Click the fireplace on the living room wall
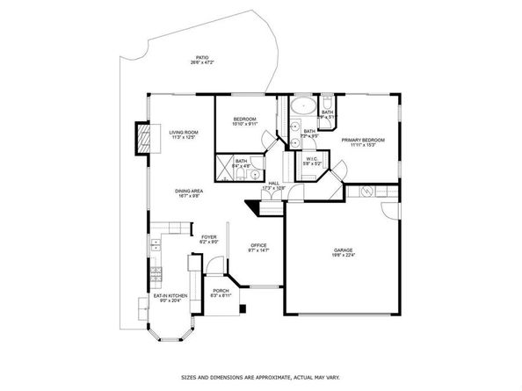coord(141,137)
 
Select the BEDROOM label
coord(244,119)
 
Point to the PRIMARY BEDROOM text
coord(359,140)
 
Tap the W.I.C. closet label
coord(312,159)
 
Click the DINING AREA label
coord(189,191)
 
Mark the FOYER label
coord(208,236)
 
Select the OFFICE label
coord(258,245)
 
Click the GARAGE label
coord(343,250)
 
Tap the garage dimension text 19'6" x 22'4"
coord(343,257)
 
